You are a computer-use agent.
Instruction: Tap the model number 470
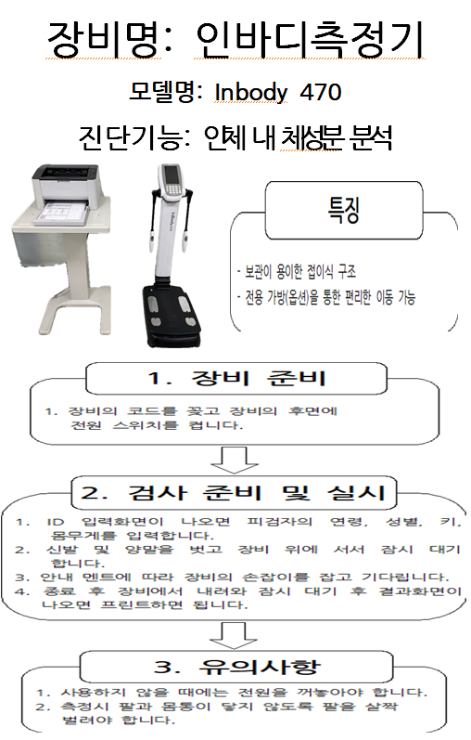coord(321,92)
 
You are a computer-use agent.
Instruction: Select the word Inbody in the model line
coord(251,93)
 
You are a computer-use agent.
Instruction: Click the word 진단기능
coord(132,137)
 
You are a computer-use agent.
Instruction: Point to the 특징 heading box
coord(344,210)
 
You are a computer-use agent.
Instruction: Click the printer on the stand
coord(66,187)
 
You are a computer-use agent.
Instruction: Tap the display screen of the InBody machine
coord(172,175)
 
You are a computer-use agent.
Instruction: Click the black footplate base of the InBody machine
coord(173,314)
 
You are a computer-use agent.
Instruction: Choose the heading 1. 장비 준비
coord(236,379)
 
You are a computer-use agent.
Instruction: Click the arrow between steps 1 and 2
coord(234,460)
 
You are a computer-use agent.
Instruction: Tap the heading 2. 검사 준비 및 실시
coord(234,493)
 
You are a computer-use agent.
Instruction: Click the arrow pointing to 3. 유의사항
coord(234,635)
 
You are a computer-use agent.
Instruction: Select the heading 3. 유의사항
coord(236,667)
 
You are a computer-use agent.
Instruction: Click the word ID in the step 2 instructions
coord(55,522)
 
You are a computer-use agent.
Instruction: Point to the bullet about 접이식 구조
coord(297,271)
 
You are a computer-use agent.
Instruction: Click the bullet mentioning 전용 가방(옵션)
coord(326,297)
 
